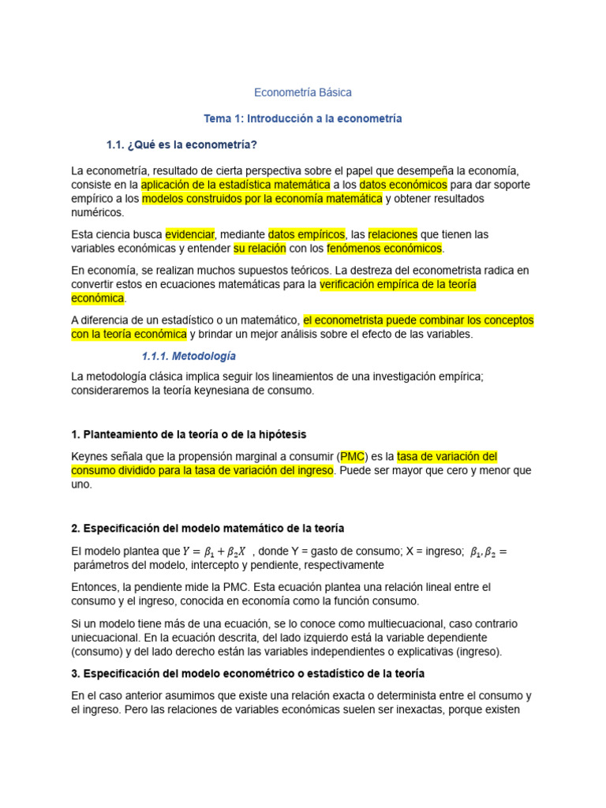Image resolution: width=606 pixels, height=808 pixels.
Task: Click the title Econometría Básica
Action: tap(303, 92)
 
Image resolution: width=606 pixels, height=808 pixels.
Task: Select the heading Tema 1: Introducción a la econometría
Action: tap(303, 118)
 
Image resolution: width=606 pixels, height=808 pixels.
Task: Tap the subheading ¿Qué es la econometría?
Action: tap(181, 144)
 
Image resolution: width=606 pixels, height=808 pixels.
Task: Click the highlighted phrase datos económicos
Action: tap(403, 184)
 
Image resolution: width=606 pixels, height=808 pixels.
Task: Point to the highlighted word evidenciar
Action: tap(189, 234)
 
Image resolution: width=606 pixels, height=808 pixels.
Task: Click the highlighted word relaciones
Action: tap(392, 234)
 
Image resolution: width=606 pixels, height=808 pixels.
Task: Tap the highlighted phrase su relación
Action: tap(257, 249)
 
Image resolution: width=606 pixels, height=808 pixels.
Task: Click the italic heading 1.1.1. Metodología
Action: tap(189, 356)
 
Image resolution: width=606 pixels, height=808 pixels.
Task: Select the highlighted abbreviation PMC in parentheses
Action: tap(352, 456)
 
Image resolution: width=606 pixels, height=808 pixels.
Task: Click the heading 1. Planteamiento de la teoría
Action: tap(189, 435)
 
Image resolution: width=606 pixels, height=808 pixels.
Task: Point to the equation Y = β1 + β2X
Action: tap(214, 552)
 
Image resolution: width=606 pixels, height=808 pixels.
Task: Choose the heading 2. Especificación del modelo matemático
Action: tap(208, 528)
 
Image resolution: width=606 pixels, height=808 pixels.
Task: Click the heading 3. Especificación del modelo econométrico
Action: tap(248, 673)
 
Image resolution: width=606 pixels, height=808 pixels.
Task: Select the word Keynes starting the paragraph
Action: tap(88, 456)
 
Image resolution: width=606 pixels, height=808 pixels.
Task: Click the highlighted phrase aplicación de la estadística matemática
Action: tap(235, 184)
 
